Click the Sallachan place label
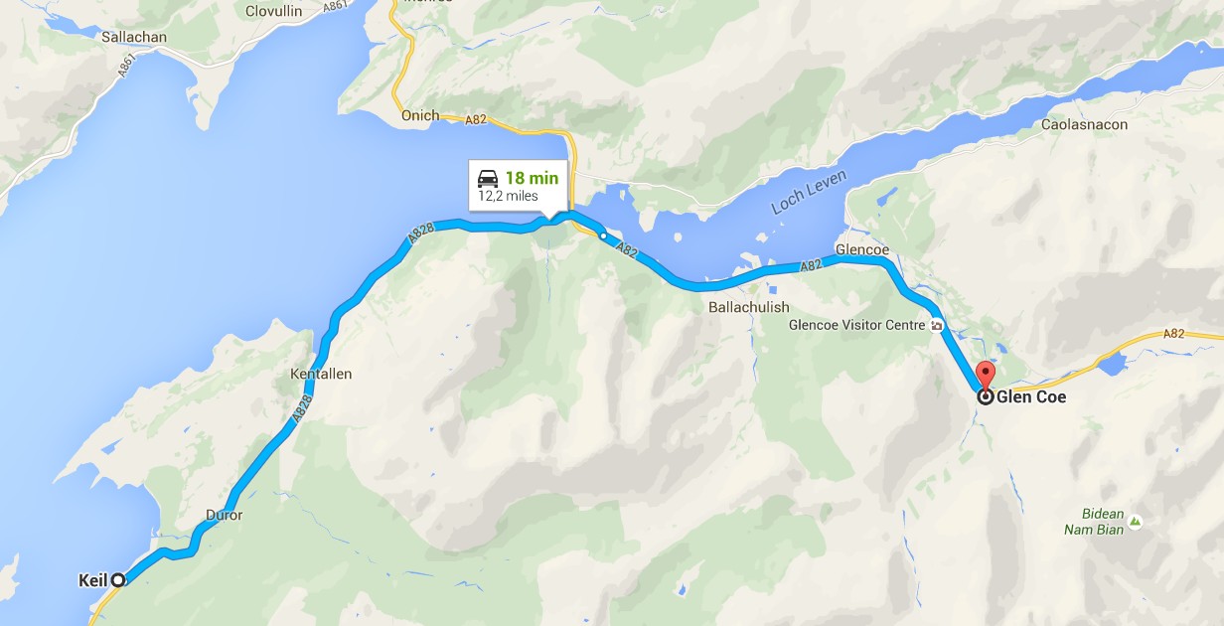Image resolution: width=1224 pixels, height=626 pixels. click(x=134, y=37)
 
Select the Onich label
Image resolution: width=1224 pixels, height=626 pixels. click(x=419, y=116)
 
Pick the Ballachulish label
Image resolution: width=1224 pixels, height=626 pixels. click(x=748, y=307)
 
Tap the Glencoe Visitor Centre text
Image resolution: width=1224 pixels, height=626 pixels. click(x=857, y=325)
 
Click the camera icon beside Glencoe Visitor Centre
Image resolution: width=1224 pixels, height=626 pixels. click(x=936, y=325)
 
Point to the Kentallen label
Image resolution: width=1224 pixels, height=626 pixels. click(x=321, y=375)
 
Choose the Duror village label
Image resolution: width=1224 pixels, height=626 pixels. click(x=224, y=516)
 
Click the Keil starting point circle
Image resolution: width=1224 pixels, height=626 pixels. click(x=118, y=579)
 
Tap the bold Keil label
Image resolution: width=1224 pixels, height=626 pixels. click(x=91, y=579)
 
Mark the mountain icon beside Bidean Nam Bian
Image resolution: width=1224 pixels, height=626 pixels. click(x=1136, y=521)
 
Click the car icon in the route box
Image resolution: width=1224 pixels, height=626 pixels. click(x=488, y=178)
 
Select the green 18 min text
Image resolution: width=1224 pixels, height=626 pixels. click(x=532, y=178)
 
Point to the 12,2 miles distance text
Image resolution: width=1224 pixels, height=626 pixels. click(x=508, y=196)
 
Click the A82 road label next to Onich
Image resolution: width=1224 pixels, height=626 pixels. click(x=476, y=119)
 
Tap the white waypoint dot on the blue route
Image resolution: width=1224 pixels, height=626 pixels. click(x=603, y=236)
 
